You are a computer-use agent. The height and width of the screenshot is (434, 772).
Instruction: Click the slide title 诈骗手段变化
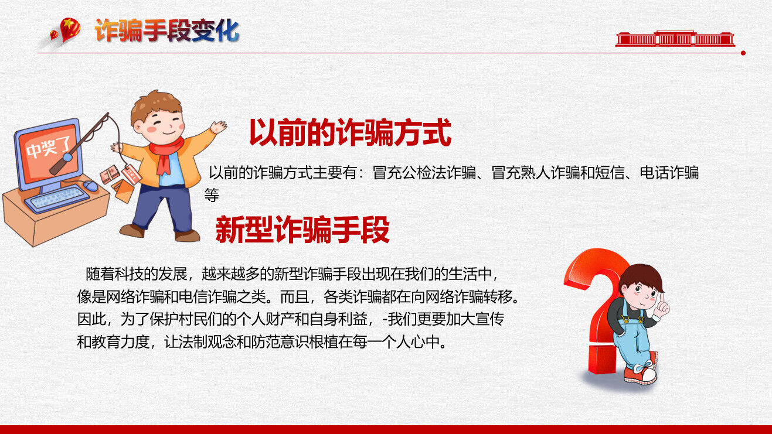(x=167, y=30)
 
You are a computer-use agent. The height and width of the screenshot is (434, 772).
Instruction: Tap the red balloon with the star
(x=70, y=29)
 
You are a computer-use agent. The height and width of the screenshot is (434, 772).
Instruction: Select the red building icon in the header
(x=675, y=39)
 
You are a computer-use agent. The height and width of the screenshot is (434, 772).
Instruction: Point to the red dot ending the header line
(x=743, y=53)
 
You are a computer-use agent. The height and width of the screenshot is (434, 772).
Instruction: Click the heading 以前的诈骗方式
(x=350, y=132)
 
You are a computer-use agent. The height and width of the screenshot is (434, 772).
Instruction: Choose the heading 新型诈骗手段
(x=302, y=230)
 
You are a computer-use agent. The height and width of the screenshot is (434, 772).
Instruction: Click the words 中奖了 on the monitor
(x=48, y=148)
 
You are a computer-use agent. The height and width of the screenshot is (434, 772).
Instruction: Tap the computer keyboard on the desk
(x=57, y=199)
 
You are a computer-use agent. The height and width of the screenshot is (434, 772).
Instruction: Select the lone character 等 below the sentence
(x=212, y=195)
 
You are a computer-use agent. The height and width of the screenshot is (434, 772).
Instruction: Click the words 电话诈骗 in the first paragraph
(x=669, y=173)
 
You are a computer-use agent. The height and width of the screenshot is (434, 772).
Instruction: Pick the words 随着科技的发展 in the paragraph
(x=137, y=274)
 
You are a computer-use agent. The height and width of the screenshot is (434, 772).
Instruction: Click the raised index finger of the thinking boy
(x=662, y=299)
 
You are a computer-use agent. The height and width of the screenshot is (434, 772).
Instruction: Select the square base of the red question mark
(x=601, y=359)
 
